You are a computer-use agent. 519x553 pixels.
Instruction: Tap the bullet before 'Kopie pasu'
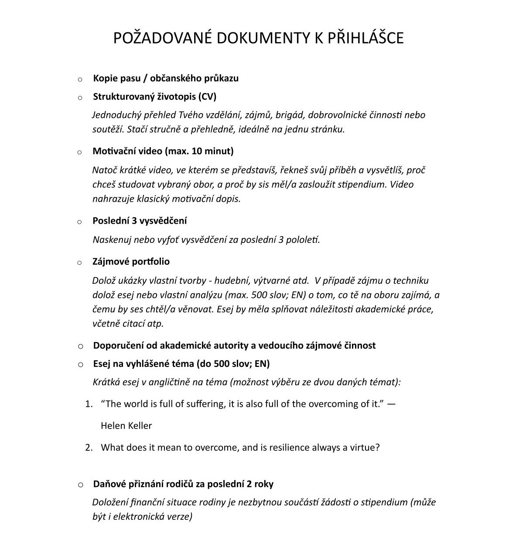pyautogui.click(x=80, y=79)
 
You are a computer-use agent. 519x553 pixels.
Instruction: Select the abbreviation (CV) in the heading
pyautogui.click(x=207, y=97)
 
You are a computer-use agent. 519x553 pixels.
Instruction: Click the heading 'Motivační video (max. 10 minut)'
pyautogui.click(x=163, y=151)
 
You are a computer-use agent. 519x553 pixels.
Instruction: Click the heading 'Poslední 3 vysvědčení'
pyautogui.click(x=140, y=221)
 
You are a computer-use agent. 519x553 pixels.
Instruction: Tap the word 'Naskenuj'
pyautogui.click(x=112, y=240)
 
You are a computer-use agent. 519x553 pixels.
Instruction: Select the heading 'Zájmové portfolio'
pyautogui.click(x=131, y=262)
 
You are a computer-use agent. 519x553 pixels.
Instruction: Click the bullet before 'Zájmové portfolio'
pyautogui.click(x=80, y=263)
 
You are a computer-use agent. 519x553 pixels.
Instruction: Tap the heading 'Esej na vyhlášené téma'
pyautogui.click(x=181, y=364)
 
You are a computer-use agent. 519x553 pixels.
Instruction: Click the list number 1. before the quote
pyautogui.click(x=89, y=404)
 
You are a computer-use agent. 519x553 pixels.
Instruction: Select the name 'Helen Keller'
pyautogui.click(x=126, y=425)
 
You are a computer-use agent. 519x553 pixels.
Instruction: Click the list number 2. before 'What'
pyautogui.click(x=89, y=448)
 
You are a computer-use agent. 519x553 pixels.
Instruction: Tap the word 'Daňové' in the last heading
pyautogui.click(x=109, y=484)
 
